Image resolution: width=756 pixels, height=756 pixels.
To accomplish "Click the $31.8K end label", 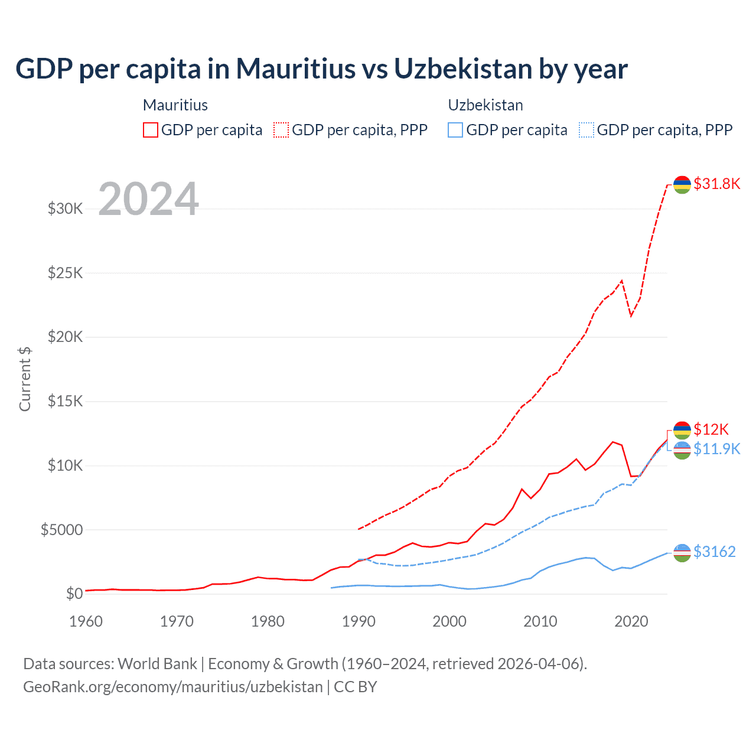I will point(716,184).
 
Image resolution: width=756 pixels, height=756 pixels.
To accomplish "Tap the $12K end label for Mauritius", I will point(711,429).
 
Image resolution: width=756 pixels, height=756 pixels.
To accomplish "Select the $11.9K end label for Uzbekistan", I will point(716,449).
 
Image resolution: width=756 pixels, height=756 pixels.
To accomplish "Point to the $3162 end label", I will point(714,552).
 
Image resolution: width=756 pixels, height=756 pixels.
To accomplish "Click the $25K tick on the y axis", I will point(65,273).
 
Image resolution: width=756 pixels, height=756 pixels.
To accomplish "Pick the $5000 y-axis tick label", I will point(61,530).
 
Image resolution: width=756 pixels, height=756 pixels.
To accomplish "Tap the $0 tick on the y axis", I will point(74,594).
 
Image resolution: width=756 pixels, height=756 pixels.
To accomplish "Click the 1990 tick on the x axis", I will point(359,621).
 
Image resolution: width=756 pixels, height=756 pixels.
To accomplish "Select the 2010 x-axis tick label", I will point(540,621).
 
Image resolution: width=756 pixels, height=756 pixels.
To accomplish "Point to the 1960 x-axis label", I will point(86,621).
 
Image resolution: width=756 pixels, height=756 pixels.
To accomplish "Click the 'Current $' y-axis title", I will point(25,379).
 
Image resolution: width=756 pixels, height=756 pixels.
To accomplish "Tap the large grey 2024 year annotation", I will point(148,199).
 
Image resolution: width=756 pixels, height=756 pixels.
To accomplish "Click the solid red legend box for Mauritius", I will point(151,130).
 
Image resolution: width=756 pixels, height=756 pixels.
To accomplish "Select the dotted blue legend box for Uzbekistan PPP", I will point(586,130).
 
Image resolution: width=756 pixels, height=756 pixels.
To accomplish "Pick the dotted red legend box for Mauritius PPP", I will point(281,130).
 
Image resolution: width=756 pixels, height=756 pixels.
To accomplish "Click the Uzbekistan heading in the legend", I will point(485,105).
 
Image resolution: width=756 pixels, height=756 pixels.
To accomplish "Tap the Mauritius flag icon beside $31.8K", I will point(682,184).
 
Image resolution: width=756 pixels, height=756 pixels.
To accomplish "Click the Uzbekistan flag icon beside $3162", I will point(682,553).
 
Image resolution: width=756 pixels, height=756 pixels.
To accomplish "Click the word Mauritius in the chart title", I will point(296,69).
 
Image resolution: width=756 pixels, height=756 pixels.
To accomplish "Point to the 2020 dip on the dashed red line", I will point(631,315).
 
